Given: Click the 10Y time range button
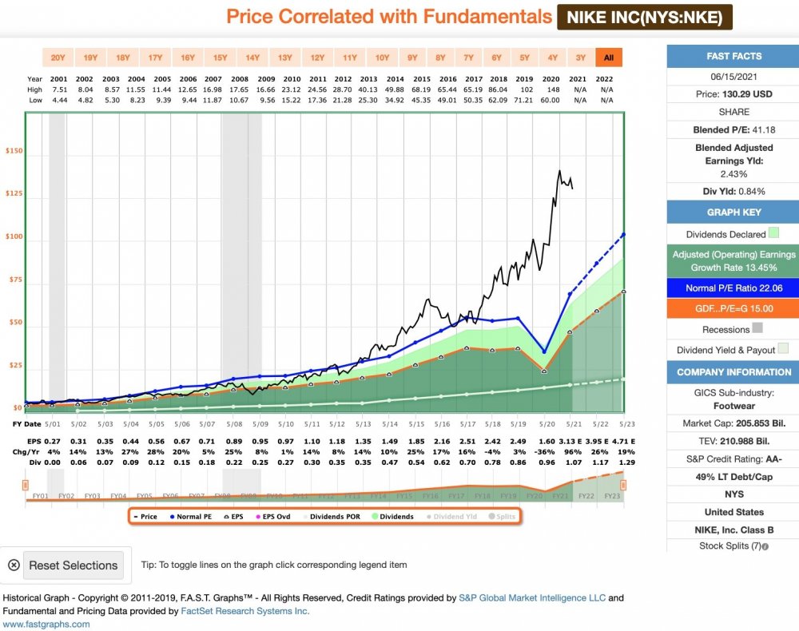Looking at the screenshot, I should coord(382,58).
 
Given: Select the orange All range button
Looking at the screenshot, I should coord(609,58).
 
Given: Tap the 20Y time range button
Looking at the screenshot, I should coord(58,58).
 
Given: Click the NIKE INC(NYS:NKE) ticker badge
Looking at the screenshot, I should coord(644,17).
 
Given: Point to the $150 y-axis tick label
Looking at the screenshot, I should coord(13,152).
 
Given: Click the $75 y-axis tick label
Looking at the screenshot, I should coord(15,280).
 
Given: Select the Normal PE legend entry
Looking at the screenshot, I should coord(189,517).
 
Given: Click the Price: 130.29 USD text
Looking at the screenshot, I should coord(733,93).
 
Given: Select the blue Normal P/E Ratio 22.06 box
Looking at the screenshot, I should coord(733,288).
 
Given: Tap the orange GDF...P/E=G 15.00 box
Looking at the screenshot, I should coord(733,308).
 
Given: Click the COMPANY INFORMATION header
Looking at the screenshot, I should coord(733,372).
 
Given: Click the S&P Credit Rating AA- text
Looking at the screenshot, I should coord(733,460).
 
